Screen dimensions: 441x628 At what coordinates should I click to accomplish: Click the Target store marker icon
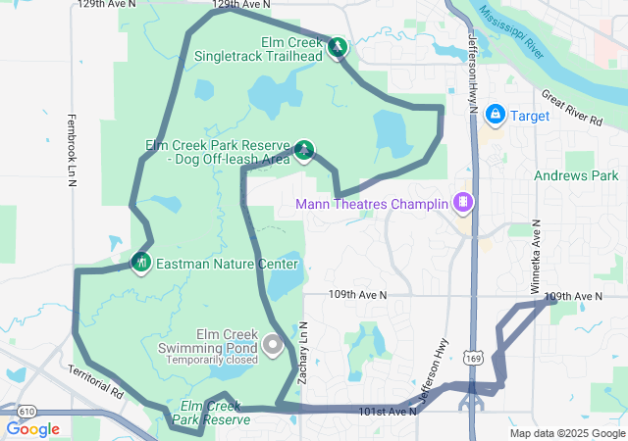496,116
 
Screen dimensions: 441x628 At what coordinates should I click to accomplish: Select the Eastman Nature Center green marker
141,263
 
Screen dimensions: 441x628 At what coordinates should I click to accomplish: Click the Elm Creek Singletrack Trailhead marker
338,47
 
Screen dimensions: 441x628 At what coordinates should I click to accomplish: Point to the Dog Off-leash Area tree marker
304,150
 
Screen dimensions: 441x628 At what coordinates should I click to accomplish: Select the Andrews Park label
576,176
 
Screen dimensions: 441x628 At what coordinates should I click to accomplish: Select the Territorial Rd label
96,381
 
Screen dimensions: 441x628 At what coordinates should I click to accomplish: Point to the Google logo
32,429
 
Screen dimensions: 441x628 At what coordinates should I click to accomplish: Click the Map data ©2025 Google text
566,433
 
